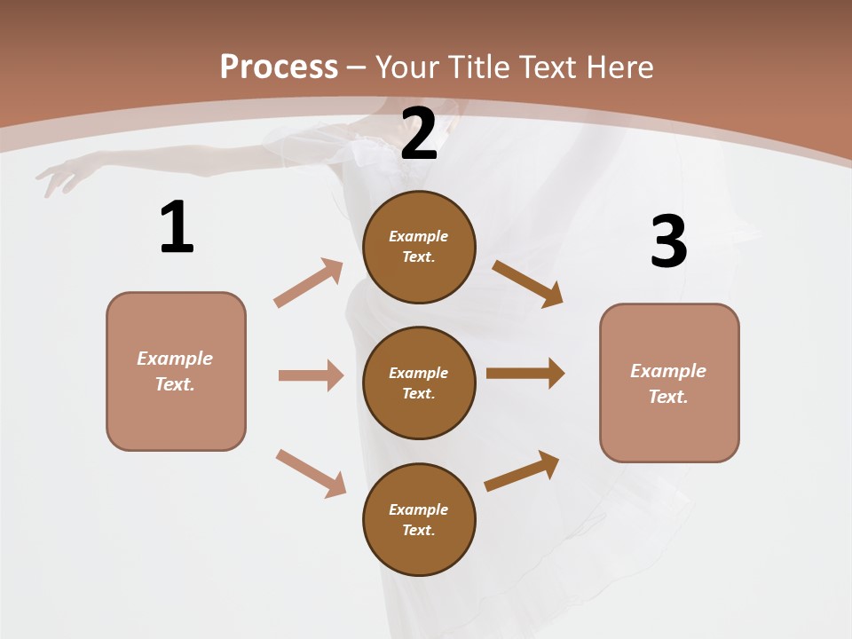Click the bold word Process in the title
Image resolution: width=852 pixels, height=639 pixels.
coord(279,67)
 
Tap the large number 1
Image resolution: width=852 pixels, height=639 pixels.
coord(177,227)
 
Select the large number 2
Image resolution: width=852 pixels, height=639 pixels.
coord(419,134)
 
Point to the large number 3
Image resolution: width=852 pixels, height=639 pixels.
coord(668,241)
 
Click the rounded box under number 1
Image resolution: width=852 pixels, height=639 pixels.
coord(176,371)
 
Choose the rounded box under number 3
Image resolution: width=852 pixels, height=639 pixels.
coord(669,383)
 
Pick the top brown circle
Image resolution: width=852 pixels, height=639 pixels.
coord(419,247)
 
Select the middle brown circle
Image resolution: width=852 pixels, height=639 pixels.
coord(419,383)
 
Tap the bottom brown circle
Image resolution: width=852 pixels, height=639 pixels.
coord(419,519)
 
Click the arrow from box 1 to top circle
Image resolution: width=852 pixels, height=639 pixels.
coord(309,283)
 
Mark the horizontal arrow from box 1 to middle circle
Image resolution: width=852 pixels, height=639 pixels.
coord(311,375)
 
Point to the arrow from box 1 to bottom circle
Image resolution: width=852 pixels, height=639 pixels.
coord(311,473)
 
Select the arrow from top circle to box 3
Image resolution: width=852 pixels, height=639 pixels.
coord(527,283)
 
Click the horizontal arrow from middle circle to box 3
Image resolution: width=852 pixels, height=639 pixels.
coord(525,374)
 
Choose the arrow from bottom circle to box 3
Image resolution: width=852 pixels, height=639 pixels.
coord(522,471)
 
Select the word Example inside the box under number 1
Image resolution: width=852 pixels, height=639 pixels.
coord(175,359)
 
